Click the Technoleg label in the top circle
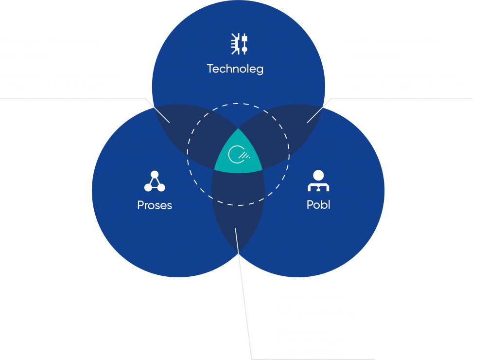(x=235, y=69)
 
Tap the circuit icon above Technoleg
(x=239, y=43)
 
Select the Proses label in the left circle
(x=155, y=205)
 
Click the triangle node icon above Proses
(x=155, y=181)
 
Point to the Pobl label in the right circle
(x=318, y=205)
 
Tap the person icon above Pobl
(x=318, y=181)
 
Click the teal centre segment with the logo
(x=238, y=155)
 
